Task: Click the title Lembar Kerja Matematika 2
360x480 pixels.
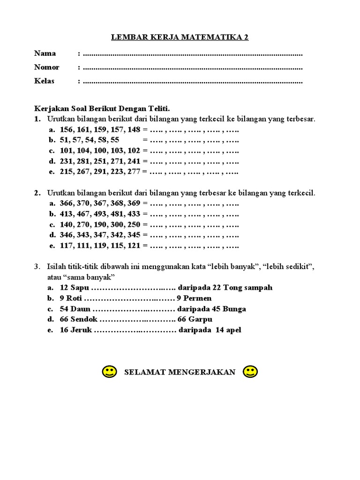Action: (180, 37)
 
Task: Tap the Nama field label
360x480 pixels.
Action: (45, 53)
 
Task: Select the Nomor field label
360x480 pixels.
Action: (47, 67)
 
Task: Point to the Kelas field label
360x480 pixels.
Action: (45, 81)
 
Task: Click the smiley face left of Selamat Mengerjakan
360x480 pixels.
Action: (109, 372)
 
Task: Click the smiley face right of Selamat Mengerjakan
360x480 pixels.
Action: (250, 372)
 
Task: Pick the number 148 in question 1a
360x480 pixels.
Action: (134, 129)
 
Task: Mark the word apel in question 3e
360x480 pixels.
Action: (232, 330)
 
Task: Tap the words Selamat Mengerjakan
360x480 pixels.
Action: (180, 372)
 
